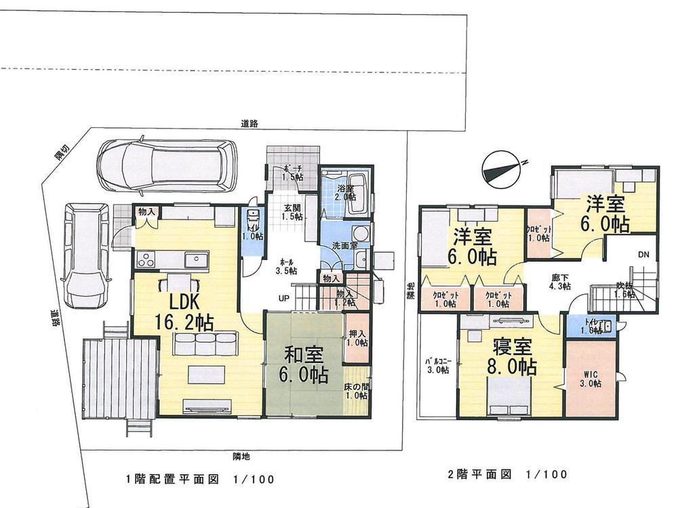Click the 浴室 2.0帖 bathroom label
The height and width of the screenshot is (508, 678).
point(345,193)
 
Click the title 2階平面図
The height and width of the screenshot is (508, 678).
point(482,473)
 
